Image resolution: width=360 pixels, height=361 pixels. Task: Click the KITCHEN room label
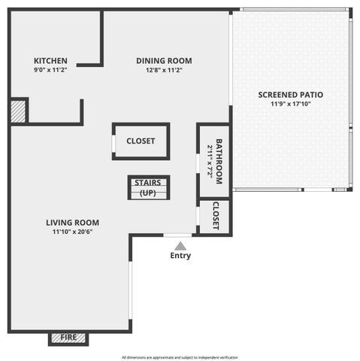50,61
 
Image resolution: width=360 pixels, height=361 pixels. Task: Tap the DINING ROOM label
164,61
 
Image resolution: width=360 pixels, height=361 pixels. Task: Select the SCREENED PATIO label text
290,95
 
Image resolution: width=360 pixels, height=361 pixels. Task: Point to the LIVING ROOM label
72,223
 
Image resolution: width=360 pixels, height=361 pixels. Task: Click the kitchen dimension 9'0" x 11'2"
50,70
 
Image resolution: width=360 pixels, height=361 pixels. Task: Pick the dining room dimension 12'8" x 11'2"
164,70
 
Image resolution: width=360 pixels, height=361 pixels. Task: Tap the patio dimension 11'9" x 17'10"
290,104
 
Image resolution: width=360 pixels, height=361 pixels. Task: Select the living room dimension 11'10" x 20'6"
72,232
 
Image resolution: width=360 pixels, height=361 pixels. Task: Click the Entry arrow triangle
180,245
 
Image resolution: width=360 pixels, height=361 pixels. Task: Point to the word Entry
180,256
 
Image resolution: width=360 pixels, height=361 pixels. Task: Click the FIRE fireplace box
68,338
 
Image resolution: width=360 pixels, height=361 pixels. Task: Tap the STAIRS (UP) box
148,188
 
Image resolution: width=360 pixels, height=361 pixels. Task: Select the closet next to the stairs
141,141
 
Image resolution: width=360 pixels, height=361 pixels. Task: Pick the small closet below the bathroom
216,217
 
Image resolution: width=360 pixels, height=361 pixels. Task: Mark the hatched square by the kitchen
18,111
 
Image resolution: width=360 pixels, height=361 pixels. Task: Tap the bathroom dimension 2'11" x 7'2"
210,161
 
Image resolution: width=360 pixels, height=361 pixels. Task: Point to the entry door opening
177,236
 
